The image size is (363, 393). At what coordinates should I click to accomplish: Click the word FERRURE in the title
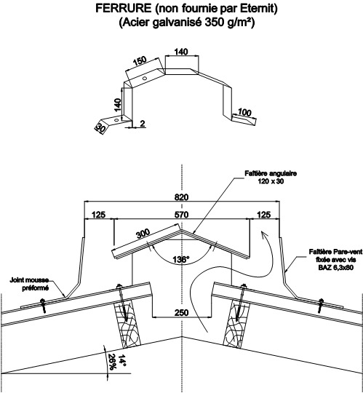pyautogui.click(x=124, y=9)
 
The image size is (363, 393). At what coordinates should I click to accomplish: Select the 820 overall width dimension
pyautogui.click(x=181, y=197)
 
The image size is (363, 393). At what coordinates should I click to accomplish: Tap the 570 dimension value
pyautogui.click(x=182, y=215)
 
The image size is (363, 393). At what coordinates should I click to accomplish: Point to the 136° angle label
pyautogui.click(x=181, y=259)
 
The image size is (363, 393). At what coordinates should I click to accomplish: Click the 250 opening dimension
pyautogui.click(x=182, y=312)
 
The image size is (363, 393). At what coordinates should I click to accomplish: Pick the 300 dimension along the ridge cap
pyautogui.click(x=143, y=234)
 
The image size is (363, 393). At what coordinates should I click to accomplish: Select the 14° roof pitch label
pyautogui.click(x=122, y=360)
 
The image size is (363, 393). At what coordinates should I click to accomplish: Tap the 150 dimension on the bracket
pyautogui.click(x=140, y=60)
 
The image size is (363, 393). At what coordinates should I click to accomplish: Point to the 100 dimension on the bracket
pyautogui.click(x=244, y=112)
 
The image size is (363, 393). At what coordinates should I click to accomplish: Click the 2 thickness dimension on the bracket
pyautogui.click(x=143, y=124)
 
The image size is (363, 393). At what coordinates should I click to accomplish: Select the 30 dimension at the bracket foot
pyautogui.click(x=100, y=128)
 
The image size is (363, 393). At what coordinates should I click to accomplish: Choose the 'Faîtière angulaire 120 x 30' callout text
pyautogui.click(x=271, y=177)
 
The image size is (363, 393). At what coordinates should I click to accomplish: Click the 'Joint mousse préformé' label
pyautogui.click(x=29, y=284)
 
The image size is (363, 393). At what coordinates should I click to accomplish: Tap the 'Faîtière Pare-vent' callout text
pyautogui.click(x=335, y=251)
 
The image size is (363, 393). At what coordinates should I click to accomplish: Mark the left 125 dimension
pyautogui.click(x=99, y=215)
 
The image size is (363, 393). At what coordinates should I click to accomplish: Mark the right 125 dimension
pyautogui.click(x=264, y=215)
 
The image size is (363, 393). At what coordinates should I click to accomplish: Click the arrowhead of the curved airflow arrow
pyautogui.click(x=263, y=235)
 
